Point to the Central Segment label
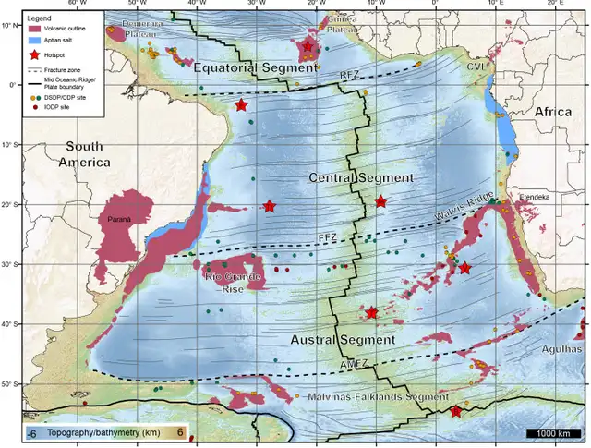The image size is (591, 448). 349,177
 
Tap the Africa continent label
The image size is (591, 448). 554,111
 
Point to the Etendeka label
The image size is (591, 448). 535,197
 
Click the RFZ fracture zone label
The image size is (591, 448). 349,75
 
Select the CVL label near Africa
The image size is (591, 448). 476,67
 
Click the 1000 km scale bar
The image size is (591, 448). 551,433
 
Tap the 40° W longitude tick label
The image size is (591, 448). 195,4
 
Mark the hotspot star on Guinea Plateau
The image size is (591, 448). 308,46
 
